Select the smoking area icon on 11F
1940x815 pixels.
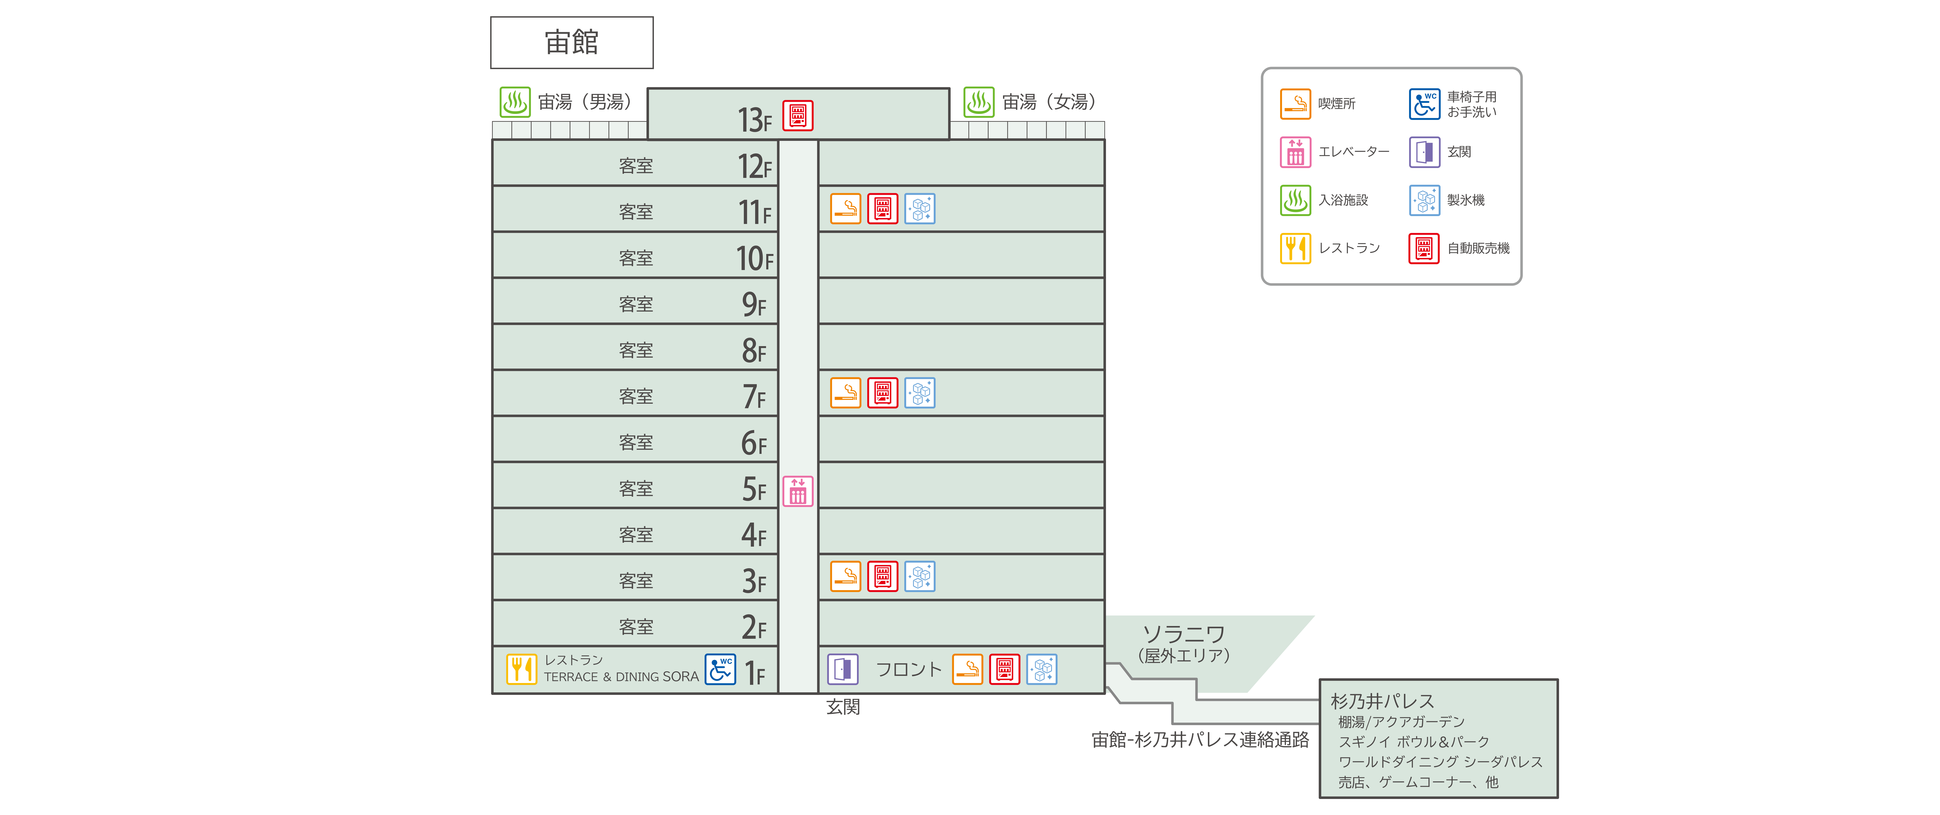point(846,209)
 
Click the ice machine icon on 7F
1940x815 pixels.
point(919,392)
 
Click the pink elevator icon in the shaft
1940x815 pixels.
point(798,491)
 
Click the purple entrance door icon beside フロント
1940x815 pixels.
point(843,669)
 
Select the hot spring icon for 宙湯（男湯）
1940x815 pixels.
point(515,102)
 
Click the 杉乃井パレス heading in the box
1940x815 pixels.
point(1382,701)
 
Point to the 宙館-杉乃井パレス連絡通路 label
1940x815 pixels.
point(1200,740)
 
